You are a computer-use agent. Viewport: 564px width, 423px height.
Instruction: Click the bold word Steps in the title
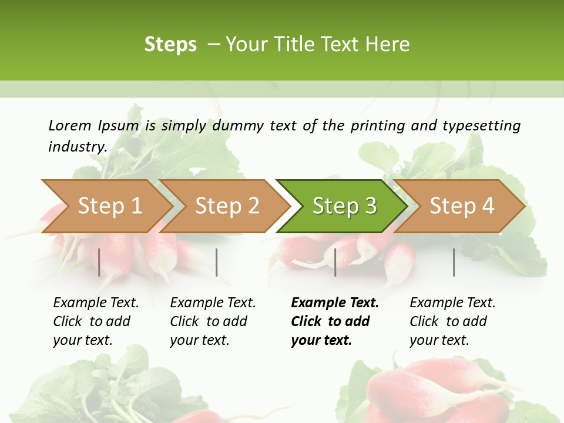tap(170, 45)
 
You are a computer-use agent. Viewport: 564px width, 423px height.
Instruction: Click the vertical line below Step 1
tap(99, 262)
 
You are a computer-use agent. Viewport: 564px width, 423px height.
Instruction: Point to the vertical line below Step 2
tap(217, 262)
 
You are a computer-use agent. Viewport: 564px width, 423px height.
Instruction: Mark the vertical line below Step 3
tap(335, 262)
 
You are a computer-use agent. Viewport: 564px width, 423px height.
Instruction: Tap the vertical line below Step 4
tap(454, 262)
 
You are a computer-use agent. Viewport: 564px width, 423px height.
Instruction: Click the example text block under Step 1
tap(96, 321)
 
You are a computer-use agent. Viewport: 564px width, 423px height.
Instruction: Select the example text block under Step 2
tap(213, 321)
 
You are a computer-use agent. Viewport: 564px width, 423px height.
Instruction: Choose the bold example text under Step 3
tap(335, 321)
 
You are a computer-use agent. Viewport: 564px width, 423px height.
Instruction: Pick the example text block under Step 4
tap(452, 321)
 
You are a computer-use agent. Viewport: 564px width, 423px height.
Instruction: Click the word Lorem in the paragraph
tap(70, 126)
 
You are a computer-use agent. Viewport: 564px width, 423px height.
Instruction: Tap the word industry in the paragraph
tap(78, 147)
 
